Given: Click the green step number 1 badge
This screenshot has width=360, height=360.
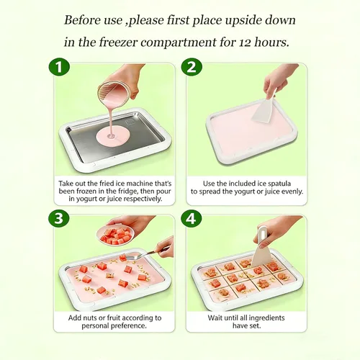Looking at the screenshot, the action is [59, 67].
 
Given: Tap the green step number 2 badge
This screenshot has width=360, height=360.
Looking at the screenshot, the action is [192, 67].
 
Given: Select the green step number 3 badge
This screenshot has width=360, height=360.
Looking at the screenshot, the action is [59, 219].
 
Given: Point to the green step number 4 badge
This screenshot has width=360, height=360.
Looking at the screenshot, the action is [192, 219].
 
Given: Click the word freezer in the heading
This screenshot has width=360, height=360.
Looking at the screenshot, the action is [118, 42].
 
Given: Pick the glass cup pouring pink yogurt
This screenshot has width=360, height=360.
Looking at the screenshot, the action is [114, 92].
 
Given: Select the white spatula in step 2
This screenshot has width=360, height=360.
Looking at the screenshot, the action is [265, 108].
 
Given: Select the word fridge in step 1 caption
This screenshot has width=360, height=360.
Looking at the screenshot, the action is [127, 192].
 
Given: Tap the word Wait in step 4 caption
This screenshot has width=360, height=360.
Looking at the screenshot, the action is [215, 318].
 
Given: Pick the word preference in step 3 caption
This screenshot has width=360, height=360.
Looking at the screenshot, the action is [130, 326].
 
